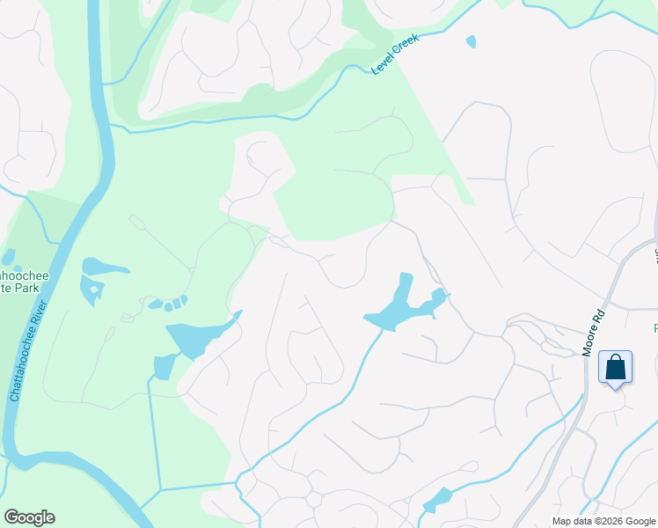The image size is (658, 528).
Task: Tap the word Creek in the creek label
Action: point(406,48)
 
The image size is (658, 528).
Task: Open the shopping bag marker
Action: point(615,366)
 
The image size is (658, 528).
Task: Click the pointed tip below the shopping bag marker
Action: point(615,387)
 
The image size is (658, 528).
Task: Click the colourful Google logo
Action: point(29,517)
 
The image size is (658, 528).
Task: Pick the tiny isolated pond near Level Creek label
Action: point(472,41)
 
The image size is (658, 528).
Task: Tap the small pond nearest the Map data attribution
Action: point(436,499)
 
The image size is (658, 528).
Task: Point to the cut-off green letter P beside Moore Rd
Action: point(654,328)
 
